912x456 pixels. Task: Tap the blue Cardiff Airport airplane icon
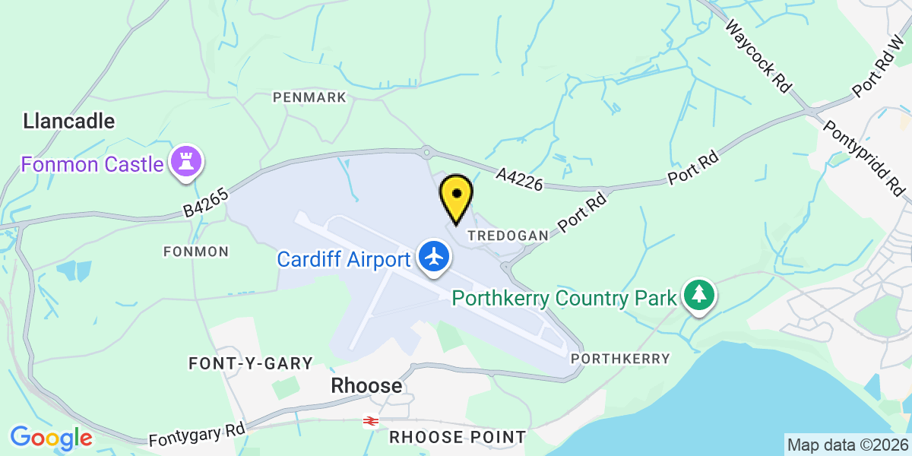434,258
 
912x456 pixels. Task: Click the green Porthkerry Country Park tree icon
698,296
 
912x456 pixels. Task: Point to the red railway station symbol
371,421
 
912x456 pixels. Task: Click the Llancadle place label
69,121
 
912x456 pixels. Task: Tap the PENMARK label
309,97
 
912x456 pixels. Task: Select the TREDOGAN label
508,236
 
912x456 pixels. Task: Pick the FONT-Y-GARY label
251,363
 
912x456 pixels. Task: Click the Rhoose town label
366,386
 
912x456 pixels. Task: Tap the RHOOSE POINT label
458,437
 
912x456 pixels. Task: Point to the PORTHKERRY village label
621,358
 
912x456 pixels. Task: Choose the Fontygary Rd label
197,435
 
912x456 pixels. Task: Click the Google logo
51,437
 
